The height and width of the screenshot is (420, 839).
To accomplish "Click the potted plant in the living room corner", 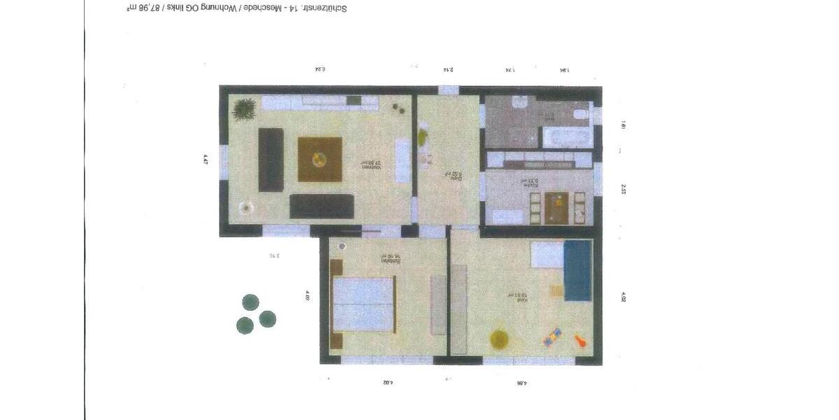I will (244, 109).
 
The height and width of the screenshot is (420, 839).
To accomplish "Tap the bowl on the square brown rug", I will (320, 160).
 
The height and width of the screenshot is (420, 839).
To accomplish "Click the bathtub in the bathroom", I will (568, 136).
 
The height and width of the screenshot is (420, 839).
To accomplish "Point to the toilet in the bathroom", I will (581, 113).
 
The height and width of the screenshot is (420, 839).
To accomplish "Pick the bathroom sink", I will (519, 104).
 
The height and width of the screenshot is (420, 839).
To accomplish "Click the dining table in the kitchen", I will (557, 206).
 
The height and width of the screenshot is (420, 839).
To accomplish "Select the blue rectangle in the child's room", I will (578, 269).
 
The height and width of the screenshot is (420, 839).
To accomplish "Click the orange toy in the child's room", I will (580, 342).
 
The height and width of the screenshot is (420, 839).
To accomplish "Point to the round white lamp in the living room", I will (245, 207).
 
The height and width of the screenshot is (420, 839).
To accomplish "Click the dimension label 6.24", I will (321, 69).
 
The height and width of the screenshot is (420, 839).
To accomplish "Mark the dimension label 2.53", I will (623, 189).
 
